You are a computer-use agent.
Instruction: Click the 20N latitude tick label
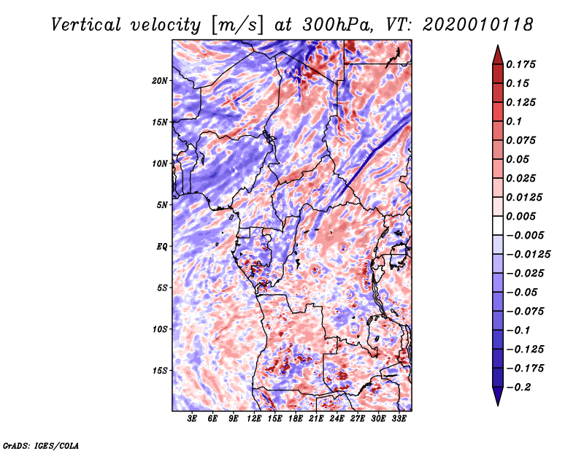(x=160, y=80)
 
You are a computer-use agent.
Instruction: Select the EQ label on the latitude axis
(x=162, y=246)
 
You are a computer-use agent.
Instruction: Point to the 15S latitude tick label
(x=160, y=370)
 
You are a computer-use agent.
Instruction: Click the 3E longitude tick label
(x=193, y=419)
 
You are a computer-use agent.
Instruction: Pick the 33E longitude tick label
(x=399, y=419)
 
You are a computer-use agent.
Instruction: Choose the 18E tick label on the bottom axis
(x=296, y=419)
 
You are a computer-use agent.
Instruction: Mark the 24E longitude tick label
(x=337, y=419)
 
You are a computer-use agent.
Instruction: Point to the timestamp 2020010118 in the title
(x=473, y=24)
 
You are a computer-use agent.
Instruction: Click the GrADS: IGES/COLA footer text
(x=41, y=444)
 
